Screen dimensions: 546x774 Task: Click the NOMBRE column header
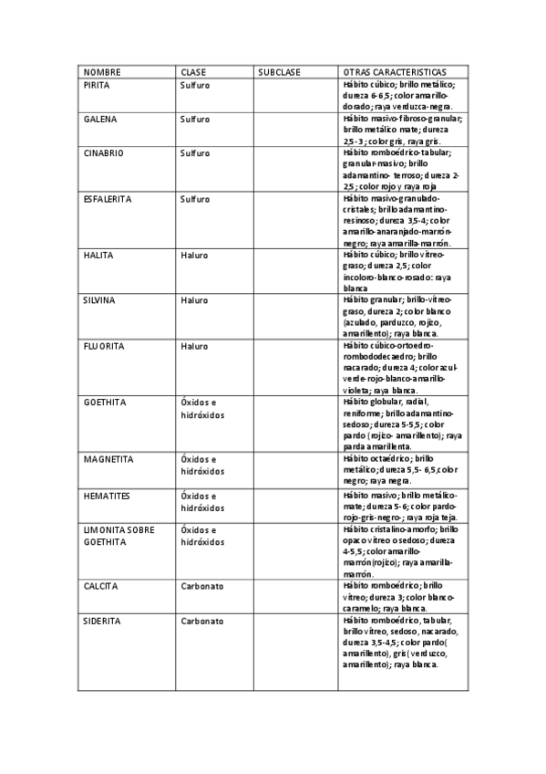pos(102,72)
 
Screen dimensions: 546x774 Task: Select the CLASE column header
pos(193,72)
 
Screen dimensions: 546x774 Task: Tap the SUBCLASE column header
pos(279,72)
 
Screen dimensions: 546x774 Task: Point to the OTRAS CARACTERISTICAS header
pos(394,72)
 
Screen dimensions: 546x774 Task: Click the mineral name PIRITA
pos(97,84)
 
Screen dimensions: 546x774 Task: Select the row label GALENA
pos(100,119)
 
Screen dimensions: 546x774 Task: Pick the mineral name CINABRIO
pos(103,153)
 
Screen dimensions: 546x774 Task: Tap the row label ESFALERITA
pos(108,198)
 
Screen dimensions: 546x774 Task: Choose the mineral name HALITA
pos(98,255)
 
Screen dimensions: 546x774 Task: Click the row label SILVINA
pos(99,299)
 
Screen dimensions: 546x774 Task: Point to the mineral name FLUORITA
pos(104,346)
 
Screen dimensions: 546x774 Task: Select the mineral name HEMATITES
pos(108,495)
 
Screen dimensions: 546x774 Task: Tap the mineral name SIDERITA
pos(102,621)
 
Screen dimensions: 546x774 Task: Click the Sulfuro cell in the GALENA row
pos(195,119)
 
